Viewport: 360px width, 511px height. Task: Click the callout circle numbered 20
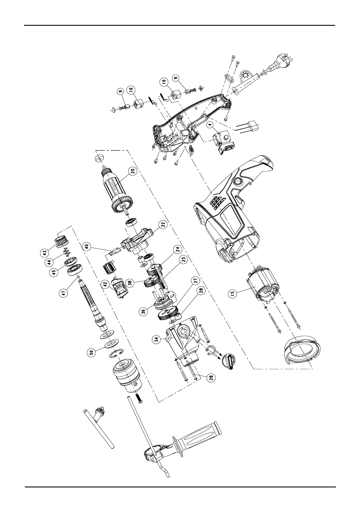[x=133, y=173]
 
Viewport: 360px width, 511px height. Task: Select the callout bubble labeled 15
[x=233, y=294]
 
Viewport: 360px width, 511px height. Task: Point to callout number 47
[x=63, y=293]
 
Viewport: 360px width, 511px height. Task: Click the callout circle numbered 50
[x=92, y=352]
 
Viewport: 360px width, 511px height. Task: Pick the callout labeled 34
[x=157, y=340]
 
